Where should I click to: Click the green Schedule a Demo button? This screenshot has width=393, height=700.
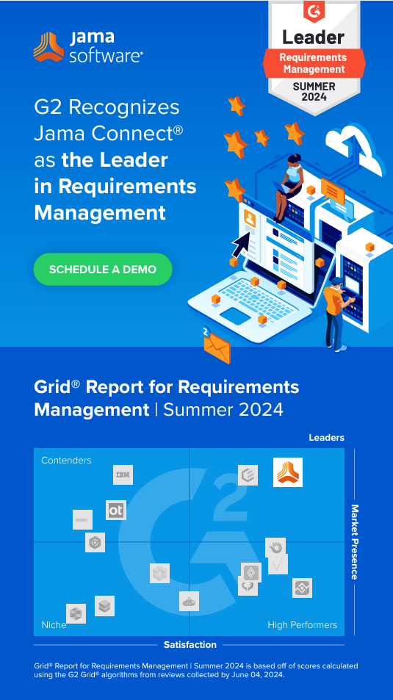pos(103,269)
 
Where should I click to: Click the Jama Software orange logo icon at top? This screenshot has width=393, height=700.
pos(48,46)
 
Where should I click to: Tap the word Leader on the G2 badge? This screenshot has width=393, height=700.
pos(314,37)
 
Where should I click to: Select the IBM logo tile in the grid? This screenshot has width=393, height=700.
pos(123,475)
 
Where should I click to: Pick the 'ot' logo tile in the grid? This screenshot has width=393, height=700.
pos(116,510)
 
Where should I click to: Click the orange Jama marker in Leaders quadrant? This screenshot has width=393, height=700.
pos(288,472)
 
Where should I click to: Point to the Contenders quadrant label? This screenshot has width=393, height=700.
pos(66,461)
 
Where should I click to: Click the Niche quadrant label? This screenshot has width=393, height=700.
pos(54,624)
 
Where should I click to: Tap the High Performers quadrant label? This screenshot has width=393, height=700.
pos(303,624)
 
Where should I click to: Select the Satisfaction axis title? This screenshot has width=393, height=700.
pos(190,645)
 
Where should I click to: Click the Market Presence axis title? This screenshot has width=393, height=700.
pos(355,542)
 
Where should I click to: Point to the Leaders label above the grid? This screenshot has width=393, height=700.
pos(326,438)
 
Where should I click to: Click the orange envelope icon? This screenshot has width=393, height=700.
pos(217,347)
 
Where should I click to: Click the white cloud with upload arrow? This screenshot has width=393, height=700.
pos(355,151)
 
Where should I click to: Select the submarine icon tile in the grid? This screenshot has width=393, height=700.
pos(189,602)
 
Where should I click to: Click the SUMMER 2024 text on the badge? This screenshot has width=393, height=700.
pos(314,91)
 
